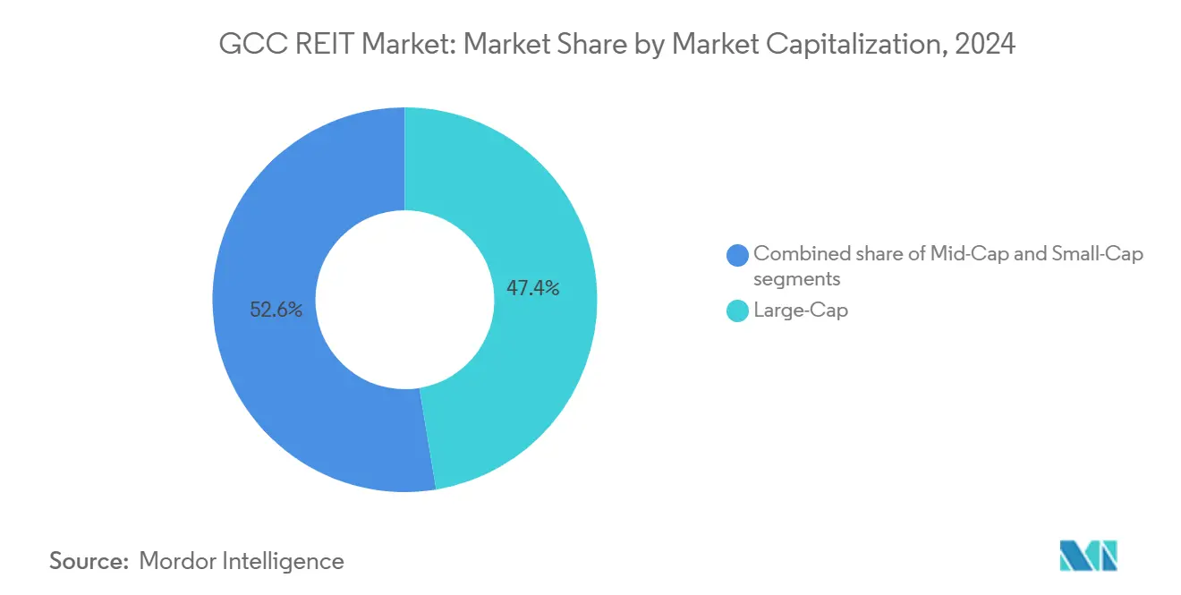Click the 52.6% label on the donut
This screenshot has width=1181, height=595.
click(x=276, y=310)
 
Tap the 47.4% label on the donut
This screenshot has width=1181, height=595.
click(x=533, y=288)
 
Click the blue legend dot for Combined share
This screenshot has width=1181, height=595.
click(x=738, y=255)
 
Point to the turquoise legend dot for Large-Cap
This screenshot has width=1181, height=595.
click(x=738, y=311)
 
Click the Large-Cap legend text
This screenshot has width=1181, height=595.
click(x=801, y=311)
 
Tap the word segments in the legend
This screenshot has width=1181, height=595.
click(x=797, y=279)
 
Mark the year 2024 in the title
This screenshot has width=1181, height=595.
click(x=985, y=44)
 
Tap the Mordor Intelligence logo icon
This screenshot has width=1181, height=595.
click(x=1088, y=557)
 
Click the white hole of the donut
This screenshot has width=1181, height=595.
click(x=404, y=300)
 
